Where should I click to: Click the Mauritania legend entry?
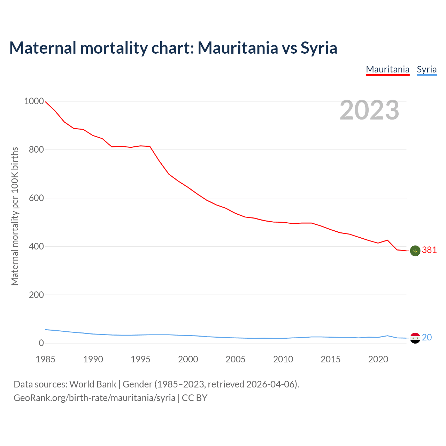tap(387, 69)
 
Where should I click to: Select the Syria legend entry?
tap(426, 69)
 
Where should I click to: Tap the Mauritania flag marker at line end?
tap(415, 251)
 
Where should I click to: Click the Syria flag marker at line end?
tap(415, 338)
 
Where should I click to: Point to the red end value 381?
tap(429, 250)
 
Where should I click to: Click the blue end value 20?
tap(427, 337)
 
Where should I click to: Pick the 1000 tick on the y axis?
tap(34, 101)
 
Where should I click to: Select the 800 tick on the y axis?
tap(36, 150)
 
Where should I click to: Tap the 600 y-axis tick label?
tap(36, 198)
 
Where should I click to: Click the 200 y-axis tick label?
tap(36, 295)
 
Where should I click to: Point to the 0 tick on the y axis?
tap(41, 343)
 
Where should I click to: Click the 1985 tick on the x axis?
tap(46, 359)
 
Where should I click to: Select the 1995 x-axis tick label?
tap(140, 359)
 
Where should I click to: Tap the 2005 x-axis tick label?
tap(236, 359)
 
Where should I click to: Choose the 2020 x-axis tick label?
tap(378, 359)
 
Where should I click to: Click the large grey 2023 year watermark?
tap(369, 110)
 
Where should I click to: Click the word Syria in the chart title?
tap(319, 48)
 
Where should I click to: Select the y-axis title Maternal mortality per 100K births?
tap(15, 216)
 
